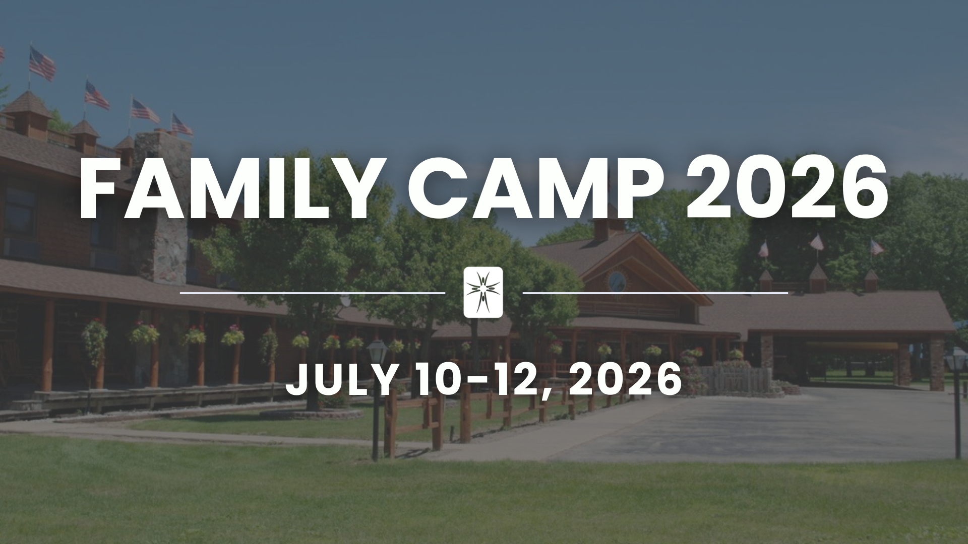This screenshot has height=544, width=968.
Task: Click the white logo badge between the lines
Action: point(483,292)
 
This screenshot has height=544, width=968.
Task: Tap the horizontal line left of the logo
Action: point(313,292)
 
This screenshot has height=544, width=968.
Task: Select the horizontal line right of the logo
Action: point(655,292)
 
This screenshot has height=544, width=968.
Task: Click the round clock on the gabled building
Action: point(617,280)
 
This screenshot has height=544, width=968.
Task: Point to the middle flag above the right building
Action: point(816,243)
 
